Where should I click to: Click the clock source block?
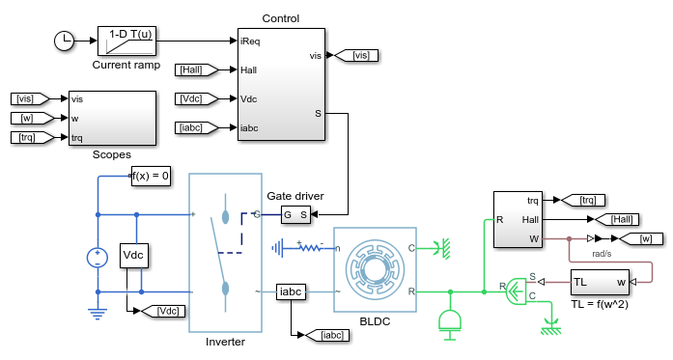[x=64, y=41]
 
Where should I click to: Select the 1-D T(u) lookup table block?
[x=126, y=41]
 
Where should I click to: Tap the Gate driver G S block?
[x=295, y=214]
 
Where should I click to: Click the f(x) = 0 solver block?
[x=151, y=176]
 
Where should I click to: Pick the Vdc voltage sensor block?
[x=134, y=256]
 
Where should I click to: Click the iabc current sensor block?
[x=291, y=291]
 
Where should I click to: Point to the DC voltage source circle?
[x=98, y=258]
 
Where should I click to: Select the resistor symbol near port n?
[x=309, y=247]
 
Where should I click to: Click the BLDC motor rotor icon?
[x=375, y=269]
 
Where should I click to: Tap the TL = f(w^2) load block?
[x=600, y=282]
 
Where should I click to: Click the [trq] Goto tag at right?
[x=583, y=200]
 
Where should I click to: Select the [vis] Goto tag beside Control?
[x=356, y=55]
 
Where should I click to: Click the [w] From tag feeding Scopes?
[x=33, y=118]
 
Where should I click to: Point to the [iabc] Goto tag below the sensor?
[x=327, y=335]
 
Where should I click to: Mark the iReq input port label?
[x=250, y=42]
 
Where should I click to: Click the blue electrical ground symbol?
[x=98, y=314]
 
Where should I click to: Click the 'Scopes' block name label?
[x=112, y=154]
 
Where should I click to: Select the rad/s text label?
[x=602, y=254]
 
